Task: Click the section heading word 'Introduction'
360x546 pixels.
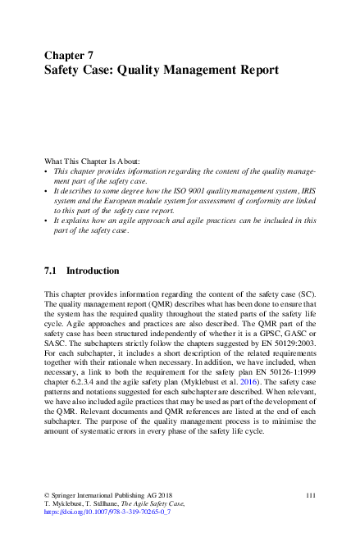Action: (93, 271)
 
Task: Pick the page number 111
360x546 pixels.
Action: (311, 494)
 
